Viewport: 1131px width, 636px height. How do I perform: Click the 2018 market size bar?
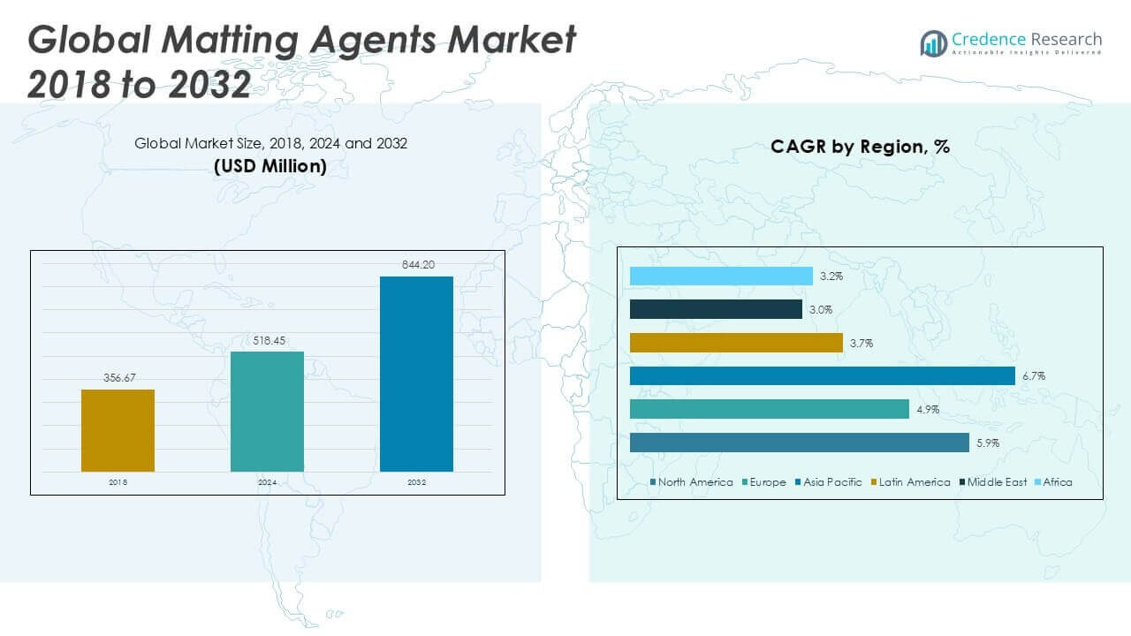click(118, 430)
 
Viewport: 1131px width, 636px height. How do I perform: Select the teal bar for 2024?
click(267, 412)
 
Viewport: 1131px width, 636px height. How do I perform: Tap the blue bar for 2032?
click(416, 374)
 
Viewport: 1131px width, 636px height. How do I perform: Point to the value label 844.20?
click(416, 264)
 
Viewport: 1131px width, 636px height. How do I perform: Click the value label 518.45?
click(267, 340)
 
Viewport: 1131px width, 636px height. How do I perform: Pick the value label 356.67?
click(118, 377)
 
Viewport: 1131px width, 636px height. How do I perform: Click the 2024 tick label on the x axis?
click(267, 483)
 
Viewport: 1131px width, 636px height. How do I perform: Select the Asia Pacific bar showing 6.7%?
click(822, 376)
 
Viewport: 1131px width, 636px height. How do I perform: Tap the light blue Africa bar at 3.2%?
click(721, 276)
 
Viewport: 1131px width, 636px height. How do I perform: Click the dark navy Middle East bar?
click(716, 309)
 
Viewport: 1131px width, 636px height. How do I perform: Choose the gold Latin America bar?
click(736, 343)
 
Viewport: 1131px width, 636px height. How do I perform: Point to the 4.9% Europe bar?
click(769, 409)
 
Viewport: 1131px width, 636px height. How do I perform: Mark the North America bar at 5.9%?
click(800, 443)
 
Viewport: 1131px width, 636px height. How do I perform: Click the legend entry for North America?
click(692, 482)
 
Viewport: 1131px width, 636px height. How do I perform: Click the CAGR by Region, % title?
click(860, 148)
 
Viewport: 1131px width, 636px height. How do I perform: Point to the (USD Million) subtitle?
click(270, 166)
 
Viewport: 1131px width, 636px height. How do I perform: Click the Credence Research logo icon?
click(933, 42)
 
